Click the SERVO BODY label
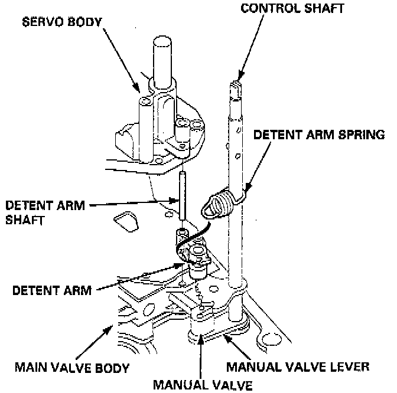coord(61,23)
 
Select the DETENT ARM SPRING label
coord(319,135)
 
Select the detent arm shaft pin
coord(183,195)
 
